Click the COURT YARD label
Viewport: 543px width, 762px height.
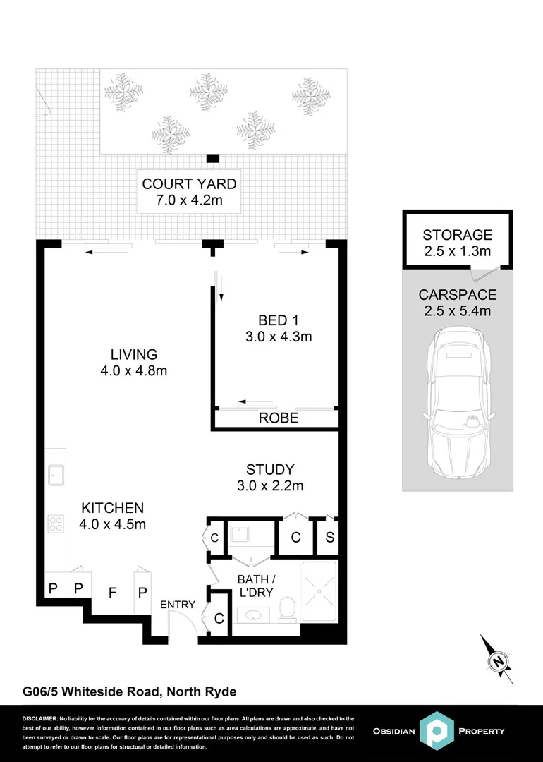(x=189, y=185)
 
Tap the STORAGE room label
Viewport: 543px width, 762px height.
(x=457, y=235)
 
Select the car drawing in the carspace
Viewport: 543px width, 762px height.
(x=457, y=405)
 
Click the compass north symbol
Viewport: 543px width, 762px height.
(x=499, y=661)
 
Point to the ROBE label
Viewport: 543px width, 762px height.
(x=278, y=418)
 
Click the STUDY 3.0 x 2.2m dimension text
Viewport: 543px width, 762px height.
(x=269, y=485)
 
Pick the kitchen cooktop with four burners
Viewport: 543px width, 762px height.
(x=56, y=524)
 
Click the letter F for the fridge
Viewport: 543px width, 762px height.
(x=111, y=593)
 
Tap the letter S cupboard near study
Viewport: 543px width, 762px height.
(x=329, y=538)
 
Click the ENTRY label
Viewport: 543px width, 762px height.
(x=178, y=605)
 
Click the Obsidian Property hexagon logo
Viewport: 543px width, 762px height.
(x=435, y=730)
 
